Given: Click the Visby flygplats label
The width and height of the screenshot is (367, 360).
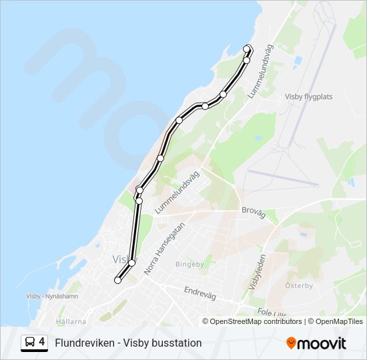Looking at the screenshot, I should [308, 96].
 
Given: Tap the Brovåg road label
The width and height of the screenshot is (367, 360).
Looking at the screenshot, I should [254, 213].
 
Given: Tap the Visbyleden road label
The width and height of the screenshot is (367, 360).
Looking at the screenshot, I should [258, 272].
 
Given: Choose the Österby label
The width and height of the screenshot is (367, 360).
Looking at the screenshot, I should [299, 285].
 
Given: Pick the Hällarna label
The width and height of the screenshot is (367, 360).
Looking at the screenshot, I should [71, 321].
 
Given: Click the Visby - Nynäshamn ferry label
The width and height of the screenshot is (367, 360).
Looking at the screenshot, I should [52, 296].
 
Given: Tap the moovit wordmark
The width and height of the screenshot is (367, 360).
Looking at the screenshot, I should [322, 343].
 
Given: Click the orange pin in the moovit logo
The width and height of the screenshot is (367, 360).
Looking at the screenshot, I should [292, 343].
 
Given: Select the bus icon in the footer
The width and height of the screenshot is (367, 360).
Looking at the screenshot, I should [30, 343].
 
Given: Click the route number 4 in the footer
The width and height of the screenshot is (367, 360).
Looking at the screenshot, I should [42, 343].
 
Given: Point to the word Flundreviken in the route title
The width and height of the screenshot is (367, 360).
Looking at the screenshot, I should [83, 343].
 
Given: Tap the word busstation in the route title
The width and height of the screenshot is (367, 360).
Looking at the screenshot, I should [178, 343].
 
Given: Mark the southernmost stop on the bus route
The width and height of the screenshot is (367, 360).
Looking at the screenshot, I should [118, 281].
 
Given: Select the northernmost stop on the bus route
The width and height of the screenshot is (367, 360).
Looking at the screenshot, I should [248, 48].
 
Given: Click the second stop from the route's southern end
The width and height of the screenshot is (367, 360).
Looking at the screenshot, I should [131, 263].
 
